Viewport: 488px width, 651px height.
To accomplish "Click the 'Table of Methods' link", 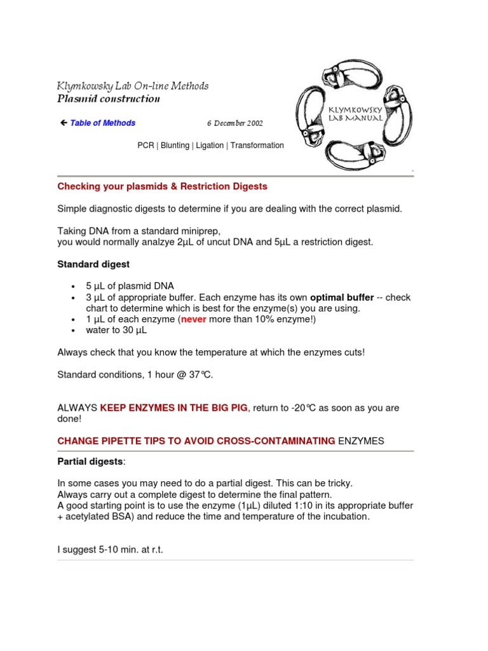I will (x=102, y=123).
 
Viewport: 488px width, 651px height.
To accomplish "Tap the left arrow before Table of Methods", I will (x=63, y=123).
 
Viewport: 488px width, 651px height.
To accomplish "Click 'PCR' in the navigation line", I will (x=146, y=146).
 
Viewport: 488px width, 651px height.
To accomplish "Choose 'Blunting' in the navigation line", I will (x=175, y=146).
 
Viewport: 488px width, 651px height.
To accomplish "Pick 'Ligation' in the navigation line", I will (x=210, y=146).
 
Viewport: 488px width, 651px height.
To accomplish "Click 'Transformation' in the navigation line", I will (x=257, y=146).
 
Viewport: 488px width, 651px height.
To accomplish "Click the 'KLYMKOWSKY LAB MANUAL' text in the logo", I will (x=355, y=114).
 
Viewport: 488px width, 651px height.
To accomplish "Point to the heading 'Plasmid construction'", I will (x=109, y=99).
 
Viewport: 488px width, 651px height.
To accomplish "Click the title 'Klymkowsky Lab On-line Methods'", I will (x=133, y=86).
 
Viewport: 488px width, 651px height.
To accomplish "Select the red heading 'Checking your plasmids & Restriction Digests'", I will (x=162, y=187).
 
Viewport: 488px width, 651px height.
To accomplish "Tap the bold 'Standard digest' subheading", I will (x=93, y=264).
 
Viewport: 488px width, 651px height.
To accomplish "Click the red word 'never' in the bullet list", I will (x=194, y=320).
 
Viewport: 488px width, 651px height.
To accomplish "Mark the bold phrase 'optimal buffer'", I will (x=342, y=298).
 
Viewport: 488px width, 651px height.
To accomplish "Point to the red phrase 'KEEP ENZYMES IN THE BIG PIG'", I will (x=173, y=408).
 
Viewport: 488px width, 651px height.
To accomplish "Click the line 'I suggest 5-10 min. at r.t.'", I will (x=110, y=549).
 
